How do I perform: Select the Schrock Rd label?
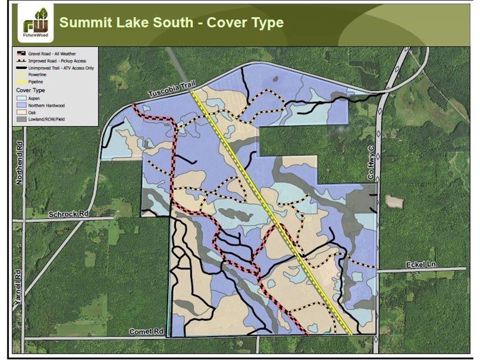click(x=68, y=214)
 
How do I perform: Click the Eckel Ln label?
click(x=420, y=265)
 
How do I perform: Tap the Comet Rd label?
click(x=147, y=331)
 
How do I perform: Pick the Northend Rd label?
click(x=19, y=162)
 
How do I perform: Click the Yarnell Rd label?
click(x=17, y=291)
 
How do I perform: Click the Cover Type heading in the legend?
click(x=30, y=90)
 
